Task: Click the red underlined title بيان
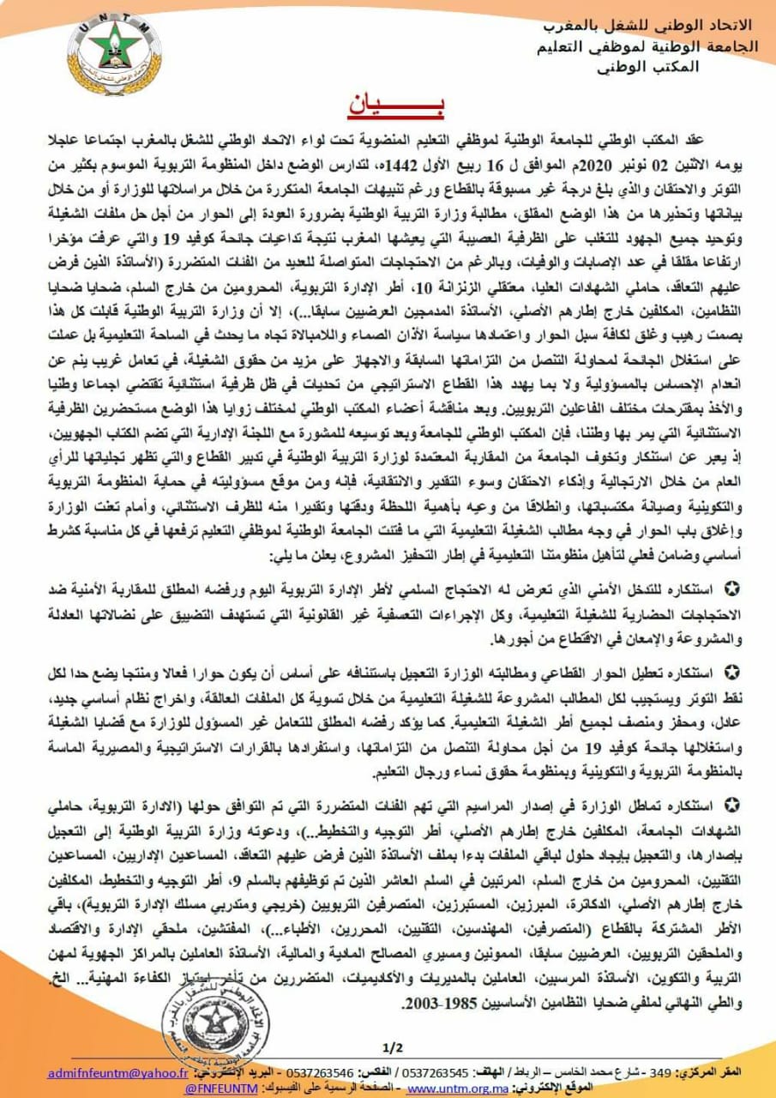[x=388, y=104]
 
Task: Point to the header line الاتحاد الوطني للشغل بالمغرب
[x=651, y=24]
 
